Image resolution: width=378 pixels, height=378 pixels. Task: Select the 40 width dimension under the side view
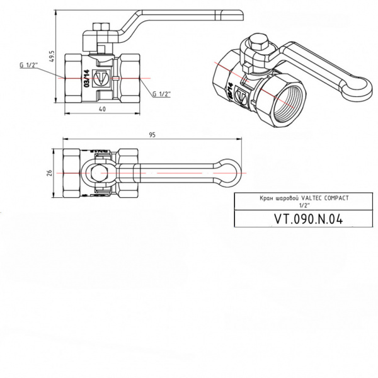101,109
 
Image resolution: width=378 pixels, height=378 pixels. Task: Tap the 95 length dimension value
152,134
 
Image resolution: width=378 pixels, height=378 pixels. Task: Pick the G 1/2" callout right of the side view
162,94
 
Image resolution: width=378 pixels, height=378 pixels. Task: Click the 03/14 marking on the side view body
86,78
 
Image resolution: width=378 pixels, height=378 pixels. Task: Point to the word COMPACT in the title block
335,197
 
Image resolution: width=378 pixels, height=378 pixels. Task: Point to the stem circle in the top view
101,171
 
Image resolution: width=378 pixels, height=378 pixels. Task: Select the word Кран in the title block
260,197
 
